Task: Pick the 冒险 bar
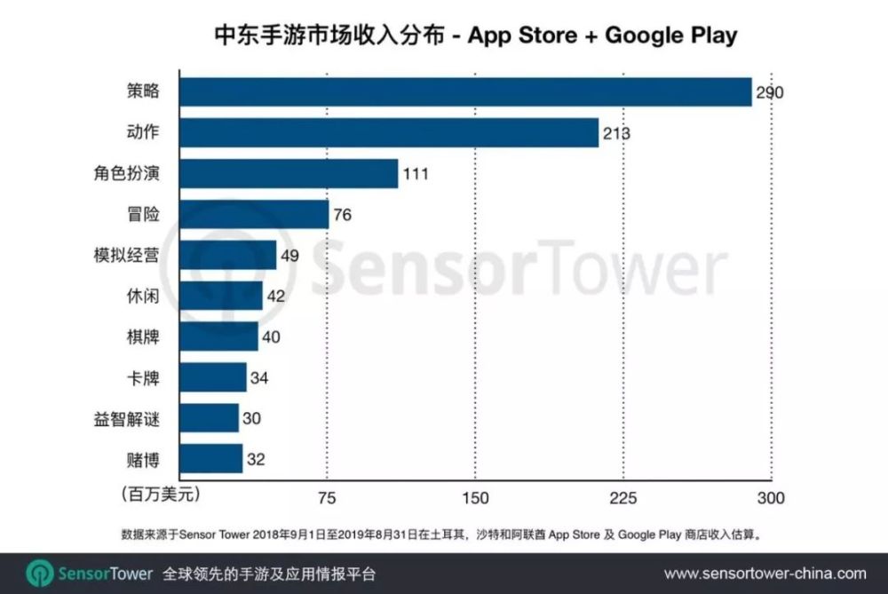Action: point(254,215)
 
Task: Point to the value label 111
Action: point(415,174)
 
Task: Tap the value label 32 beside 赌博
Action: point(256,459)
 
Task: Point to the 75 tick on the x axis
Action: point(328,497)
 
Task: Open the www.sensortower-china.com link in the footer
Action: point(765,574)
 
